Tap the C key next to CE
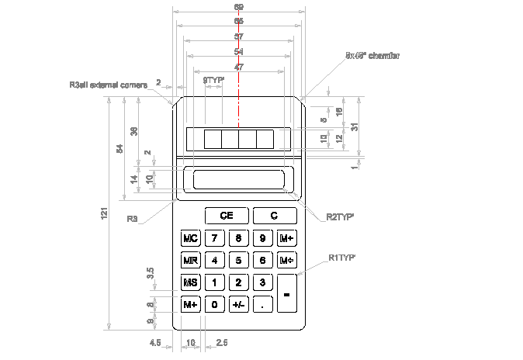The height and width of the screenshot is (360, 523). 274,216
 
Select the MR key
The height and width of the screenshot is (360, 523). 190,260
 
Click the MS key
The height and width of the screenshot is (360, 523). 190,282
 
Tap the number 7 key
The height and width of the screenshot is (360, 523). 214,237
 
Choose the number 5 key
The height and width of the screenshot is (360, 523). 238,260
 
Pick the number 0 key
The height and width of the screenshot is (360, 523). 214,305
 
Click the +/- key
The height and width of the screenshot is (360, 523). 238,305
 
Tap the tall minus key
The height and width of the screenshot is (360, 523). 286,294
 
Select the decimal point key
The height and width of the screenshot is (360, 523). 263,305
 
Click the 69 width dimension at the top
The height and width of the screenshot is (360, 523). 238,8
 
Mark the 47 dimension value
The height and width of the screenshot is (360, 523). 238,67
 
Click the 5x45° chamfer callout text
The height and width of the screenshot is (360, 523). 372,56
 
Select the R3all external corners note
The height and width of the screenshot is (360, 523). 108,85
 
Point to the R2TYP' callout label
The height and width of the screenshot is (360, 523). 341,217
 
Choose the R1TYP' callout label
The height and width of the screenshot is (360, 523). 342,256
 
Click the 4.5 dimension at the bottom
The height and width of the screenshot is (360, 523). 154,341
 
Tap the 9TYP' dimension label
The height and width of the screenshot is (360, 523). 213,80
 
